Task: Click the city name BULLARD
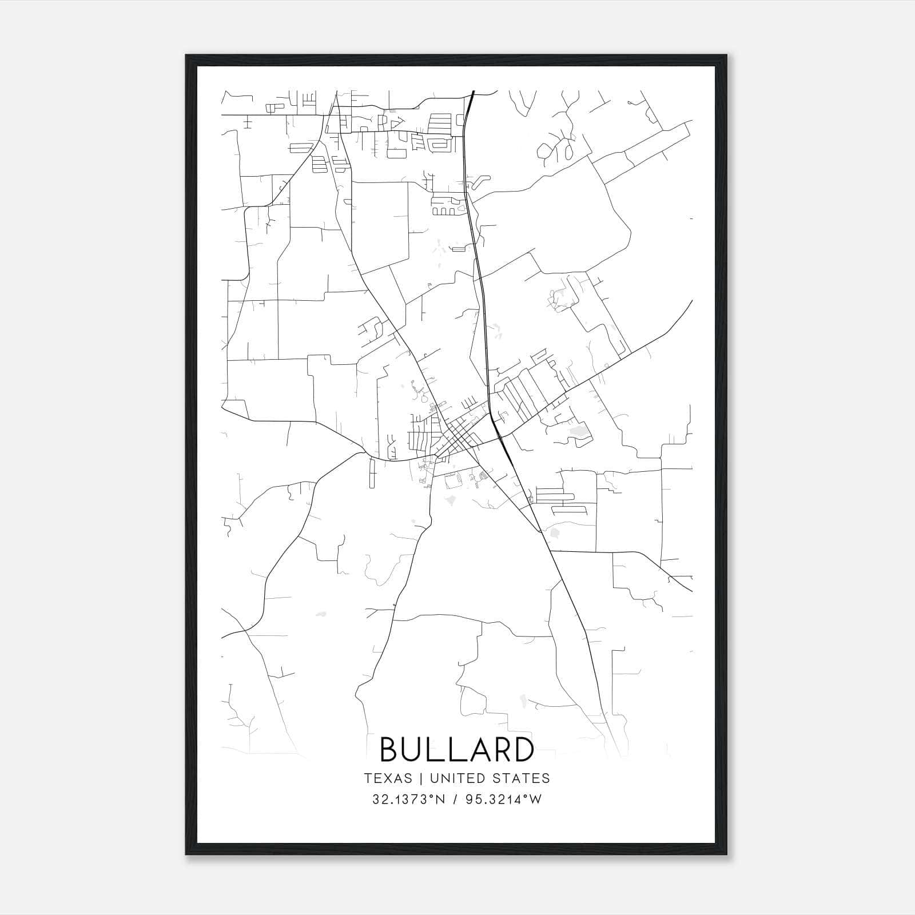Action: [457, 749]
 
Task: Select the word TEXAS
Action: [388, 778]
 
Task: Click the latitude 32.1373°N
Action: [408, 799]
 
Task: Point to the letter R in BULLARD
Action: [500, 749]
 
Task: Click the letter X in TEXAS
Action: [388, 778]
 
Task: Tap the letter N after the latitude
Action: [441, 799]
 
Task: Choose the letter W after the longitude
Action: [535, 799]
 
